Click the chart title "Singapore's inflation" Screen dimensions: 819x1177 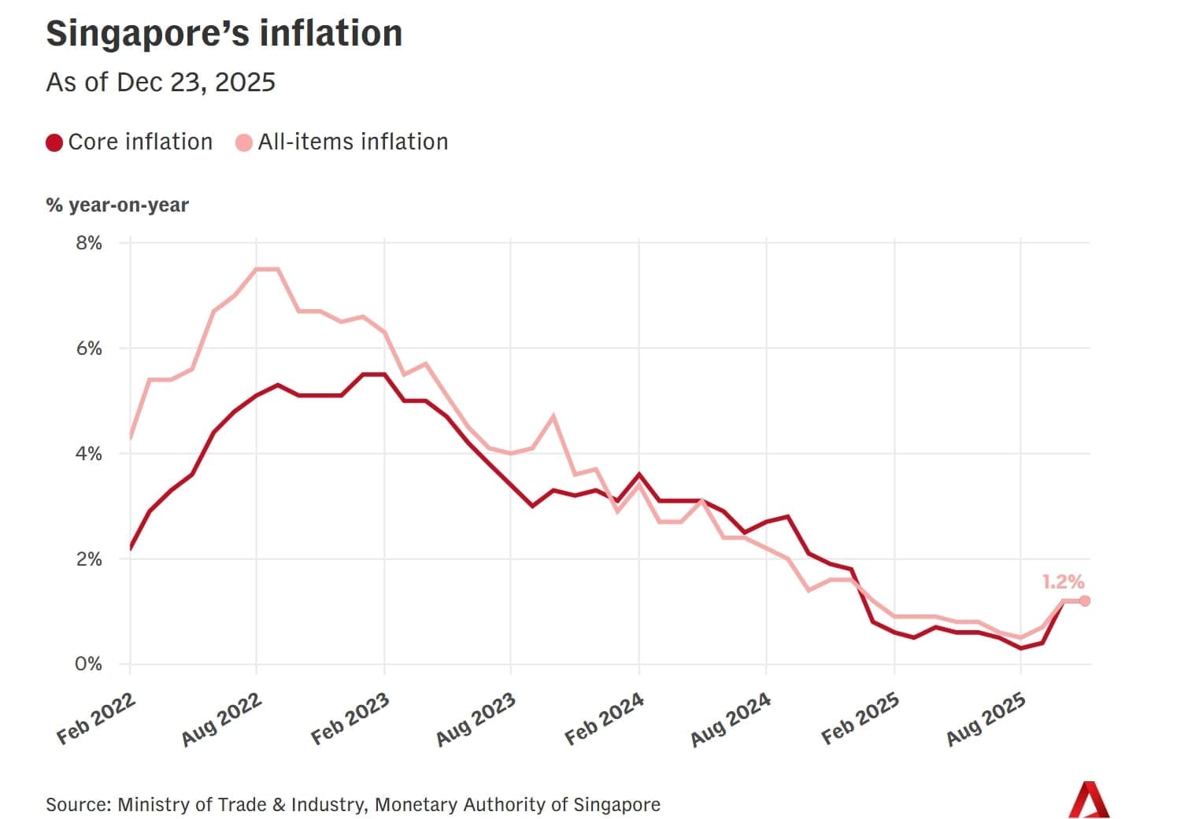click(224, 34)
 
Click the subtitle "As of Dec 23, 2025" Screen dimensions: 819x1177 click(161, 83)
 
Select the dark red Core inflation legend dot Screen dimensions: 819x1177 click(54, 142)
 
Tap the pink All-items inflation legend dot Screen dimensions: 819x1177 click(244, 142)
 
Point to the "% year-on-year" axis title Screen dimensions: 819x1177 click(117, 205)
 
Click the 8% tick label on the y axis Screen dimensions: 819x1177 click(89, 243)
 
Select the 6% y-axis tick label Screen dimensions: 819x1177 click(89, 349)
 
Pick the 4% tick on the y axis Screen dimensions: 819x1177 click(89, 454)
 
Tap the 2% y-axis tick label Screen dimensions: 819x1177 click(89, 559)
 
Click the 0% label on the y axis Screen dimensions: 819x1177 click(89, 665)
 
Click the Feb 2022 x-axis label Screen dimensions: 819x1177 click(96, 720)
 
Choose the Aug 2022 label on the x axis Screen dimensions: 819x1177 click(221, 720)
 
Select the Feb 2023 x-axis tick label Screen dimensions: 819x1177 click(350, 720)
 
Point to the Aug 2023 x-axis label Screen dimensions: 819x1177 click(476, 720)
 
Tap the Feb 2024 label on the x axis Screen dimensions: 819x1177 click(605, 720)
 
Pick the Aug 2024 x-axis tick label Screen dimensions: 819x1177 click(731, 720)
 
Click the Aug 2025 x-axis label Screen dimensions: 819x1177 click(986, 720)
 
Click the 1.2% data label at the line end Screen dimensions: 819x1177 click(1063, 582)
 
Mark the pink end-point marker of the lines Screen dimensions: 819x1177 click(1085, 601)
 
